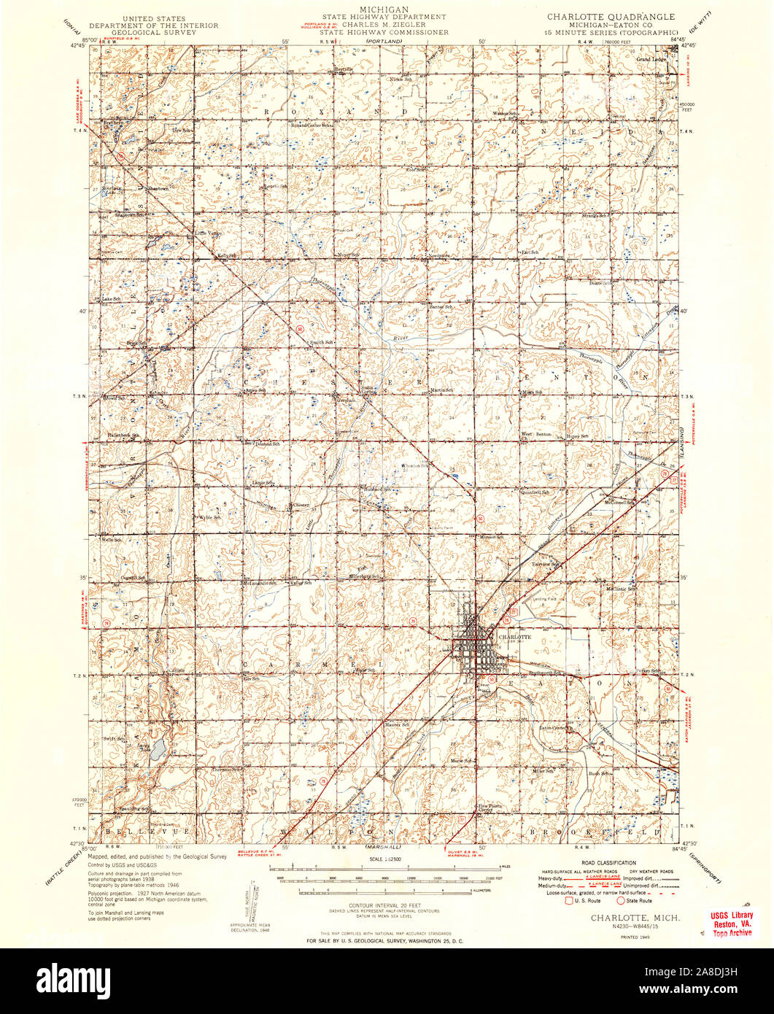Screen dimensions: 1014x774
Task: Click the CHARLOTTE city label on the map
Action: point(514,636)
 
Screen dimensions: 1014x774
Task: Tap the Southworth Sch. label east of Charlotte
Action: point(546,673)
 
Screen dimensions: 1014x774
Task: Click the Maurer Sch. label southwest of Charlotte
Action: point(397,725)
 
